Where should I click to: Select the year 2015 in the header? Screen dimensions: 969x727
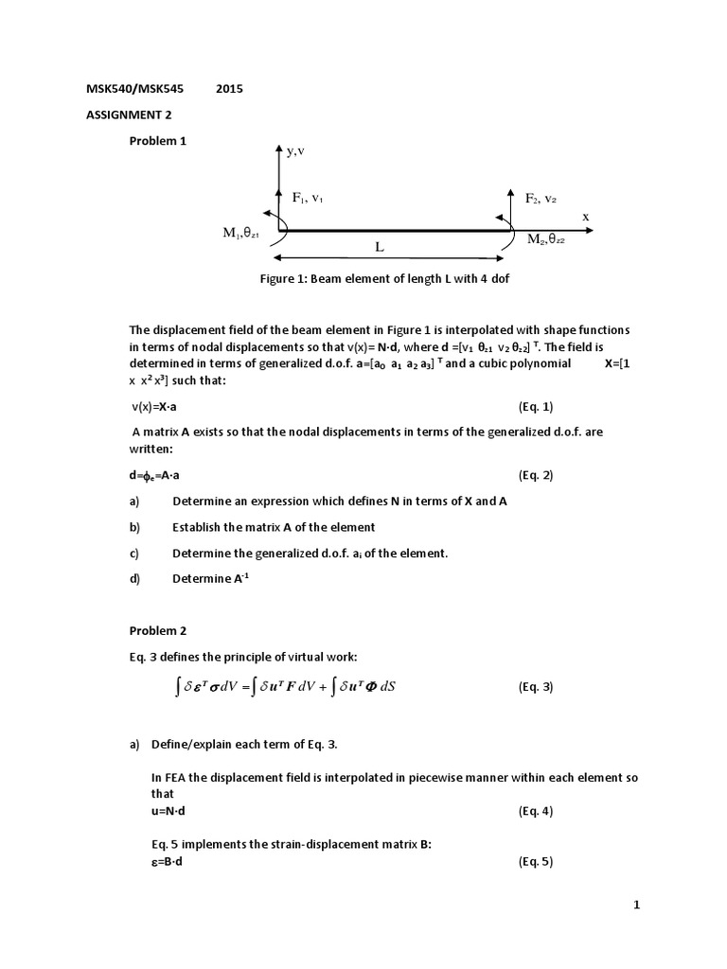(229, 90)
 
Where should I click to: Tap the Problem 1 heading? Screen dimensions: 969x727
(158, 140)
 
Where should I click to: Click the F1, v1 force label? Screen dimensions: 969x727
(309, 198)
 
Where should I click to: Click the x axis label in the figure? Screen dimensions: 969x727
(585, 217)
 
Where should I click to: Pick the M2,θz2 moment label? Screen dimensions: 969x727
(546, 239)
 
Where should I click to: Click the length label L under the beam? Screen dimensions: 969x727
(379, 247)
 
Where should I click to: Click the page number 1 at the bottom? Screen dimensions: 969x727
(637, 906)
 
